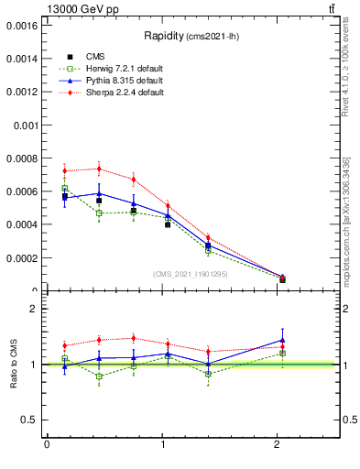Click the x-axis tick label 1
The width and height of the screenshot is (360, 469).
(162, 445)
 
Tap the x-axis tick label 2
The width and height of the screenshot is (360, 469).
(278, 445)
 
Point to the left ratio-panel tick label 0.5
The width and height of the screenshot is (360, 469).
(28, 420)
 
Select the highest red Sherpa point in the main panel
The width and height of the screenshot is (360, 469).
(98, 169)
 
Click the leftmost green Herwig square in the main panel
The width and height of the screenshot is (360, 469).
(64, 189)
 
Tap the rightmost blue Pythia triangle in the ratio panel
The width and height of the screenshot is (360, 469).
(282, 340)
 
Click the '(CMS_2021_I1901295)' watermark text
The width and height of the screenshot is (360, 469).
(191, 274)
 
